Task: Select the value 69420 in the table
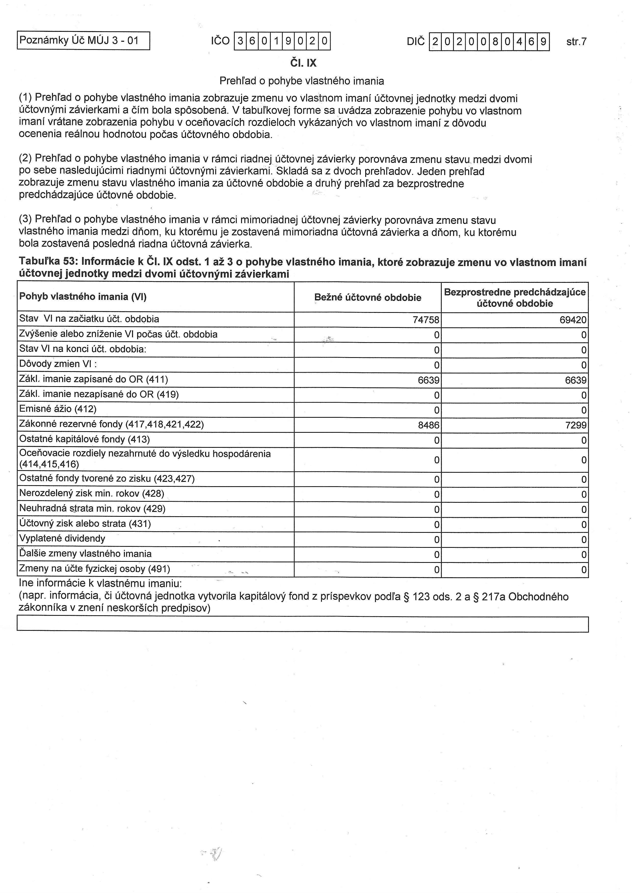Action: pyautogui.click(x=573, y=320)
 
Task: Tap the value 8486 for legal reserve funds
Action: pyautogui.click(x=428, y=425)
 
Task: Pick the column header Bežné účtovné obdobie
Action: pyautogui.click(x=367, y=298)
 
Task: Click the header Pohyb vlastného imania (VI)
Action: pyautogui.click(x=83, y=297)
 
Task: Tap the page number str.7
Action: pyautogui.click(x=576, y=42)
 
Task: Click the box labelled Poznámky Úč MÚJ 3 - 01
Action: pyautogui.click(x=83, y=40)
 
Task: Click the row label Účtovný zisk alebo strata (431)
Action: pyautogui.click(x=85, y=524)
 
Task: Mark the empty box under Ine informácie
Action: pyautogui.click(x=302, y=624)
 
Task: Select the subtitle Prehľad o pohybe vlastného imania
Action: pyautogui.click(x=301, y=81)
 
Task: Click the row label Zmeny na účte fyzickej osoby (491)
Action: pyautogui.click(x=95, y=569)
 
